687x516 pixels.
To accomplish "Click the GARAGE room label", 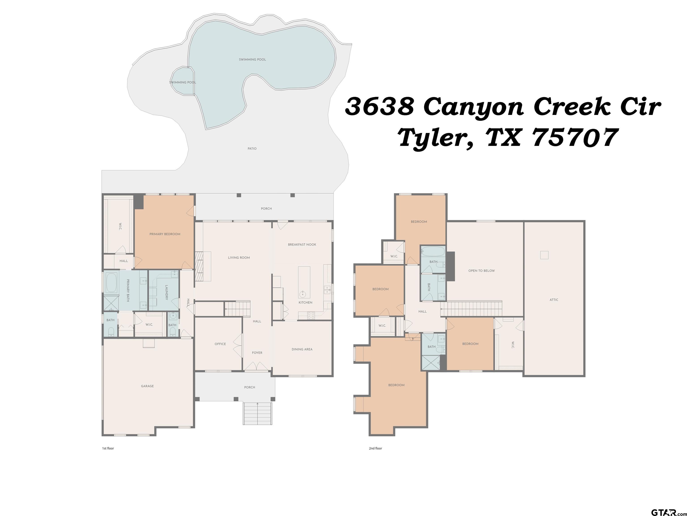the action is pos(147,386).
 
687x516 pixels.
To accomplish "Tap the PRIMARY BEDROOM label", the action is pos(165,234).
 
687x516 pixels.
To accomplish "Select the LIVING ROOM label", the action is pos(239,258).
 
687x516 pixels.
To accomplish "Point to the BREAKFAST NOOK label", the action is pos(302,245).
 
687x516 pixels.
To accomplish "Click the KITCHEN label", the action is pos(305,302).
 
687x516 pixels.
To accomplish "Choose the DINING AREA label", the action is pos(302,349).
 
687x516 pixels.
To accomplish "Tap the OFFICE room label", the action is pos(220,344).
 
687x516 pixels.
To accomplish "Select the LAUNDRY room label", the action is pos(166,292).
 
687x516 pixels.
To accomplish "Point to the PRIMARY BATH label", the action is pos(128,290).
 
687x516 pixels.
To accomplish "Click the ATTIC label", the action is pos(554,300).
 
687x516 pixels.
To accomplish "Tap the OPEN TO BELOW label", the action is pos(481,271).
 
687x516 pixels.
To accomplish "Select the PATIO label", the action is pos(252,149).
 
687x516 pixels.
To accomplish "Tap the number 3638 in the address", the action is pos(380,106).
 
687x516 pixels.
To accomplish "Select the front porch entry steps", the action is pos(257,413).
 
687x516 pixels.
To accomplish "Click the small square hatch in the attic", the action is pos(544,255).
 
